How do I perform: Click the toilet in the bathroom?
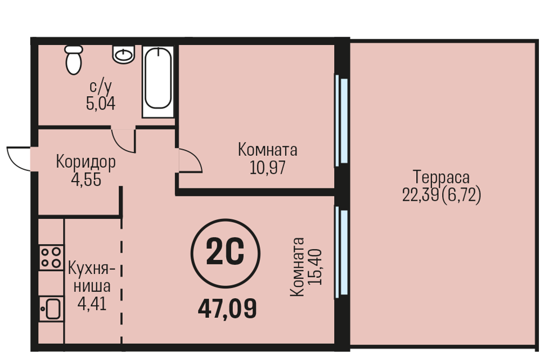click(x=73, y=60)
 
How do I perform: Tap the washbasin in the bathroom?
click(x=124, y=54)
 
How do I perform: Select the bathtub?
click(x=158, y=82)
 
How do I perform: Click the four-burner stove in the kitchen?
click(x=51, y=257)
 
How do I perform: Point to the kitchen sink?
click(x=51, y=309)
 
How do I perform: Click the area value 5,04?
click(x=101, y=103)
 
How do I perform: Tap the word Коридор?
click(x=85, y=161)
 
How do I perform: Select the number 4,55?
click(x=86, y=179)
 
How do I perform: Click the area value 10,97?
click(x=268, y=168)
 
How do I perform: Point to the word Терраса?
click(x=441, y=177)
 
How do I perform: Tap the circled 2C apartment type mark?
click(x=226, y=254)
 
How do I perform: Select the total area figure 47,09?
click(x=227, y=309)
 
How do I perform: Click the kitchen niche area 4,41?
click(x=92, y=304)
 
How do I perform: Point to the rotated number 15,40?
click(x=315, y=267)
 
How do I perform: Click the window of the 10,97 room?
click(x=341, y=120)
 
